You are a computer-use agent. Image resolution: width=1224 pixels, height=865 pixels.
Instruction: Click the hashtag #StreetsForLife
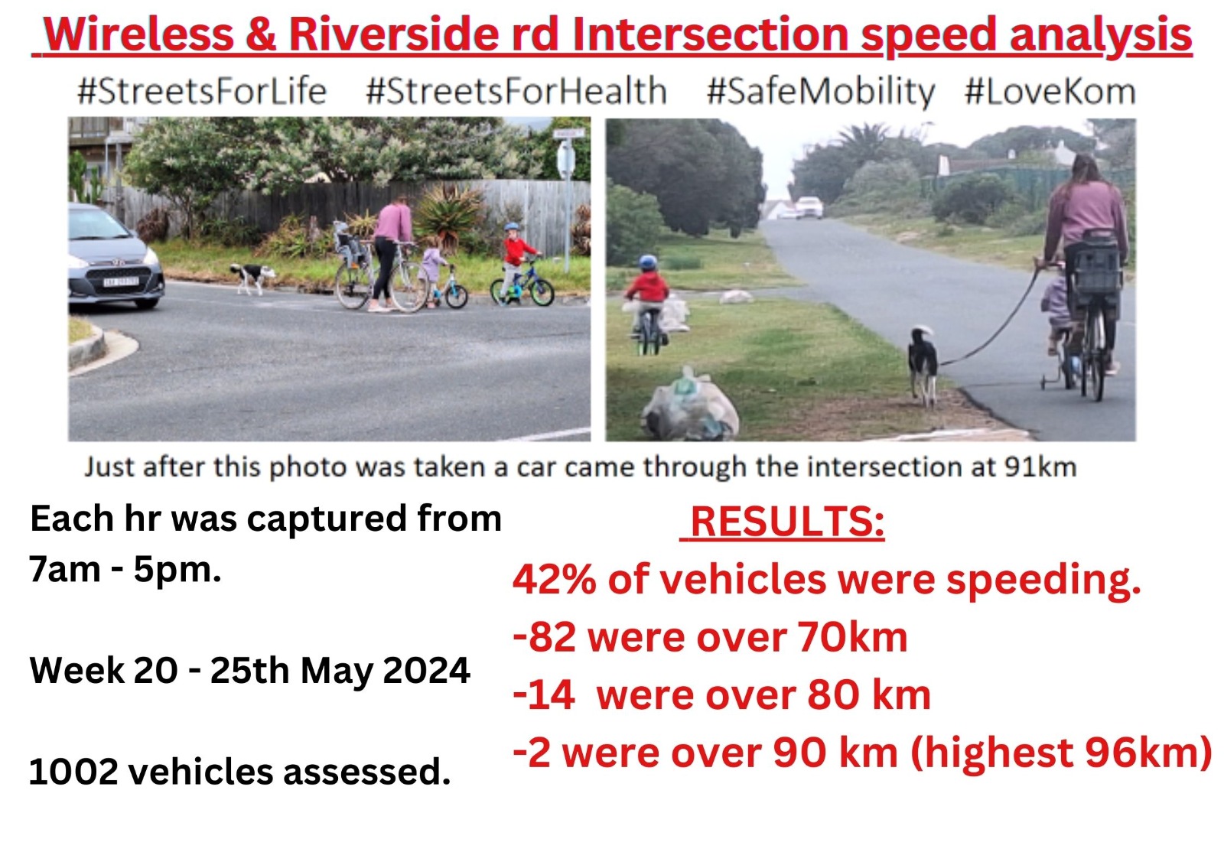coord(202,92)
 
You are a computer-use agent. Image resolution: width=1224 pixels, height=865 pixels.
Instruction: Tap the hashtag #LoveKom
coord(1050,92)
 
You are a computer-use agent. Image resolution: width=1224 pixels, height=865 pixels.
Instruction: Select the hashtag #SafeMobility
coord(821,92)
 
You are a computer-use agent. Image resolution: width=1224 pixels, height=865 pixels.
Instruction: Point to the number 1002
coord(73,772)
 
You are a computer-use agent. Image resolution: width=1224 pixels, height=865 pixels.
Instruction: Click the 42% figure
coord(554,579)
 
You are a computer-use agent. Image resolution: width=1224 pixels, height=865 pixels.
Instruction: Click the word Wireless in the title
coord(138,34)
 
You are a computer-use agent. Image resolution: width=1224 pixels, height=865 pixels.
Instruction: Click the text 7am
coord(65,569)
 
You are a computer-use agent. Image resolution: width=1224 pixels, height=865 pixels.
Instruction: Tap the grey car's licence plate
coord(122,282)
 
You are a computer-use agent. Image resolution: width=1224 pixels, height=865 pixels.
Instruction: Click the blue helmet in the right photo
coord(649,263)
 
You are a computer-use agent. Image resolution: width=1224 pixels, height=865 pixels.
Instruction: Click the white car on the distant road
coord(809,207)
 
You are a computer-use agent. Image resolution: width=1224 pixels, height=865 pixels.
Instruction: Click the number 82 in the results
coord(552,637)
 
